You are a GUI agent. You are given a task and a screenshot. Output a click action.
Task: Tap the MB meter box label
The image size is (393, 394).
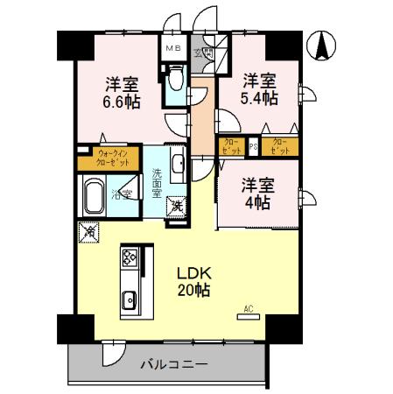click(172, 50)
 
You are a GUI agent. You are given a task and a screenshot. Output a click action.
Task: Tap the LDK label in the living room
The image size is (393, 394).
click(194, 272)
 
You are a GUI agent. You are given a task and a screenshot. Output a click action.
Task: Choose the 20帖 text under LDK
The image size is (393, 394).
click(195, 290)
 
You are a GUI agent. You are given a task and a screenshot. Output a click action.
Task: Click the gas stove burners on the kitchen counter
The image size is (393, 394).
click(130, 258)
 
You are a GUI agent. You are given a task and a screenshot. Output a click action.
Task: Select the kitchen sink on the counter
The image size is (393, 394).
click(130, 299)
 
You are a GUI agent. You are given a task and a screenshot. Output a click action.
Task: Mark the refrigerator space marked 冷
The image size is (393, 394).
click(88, 231)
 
